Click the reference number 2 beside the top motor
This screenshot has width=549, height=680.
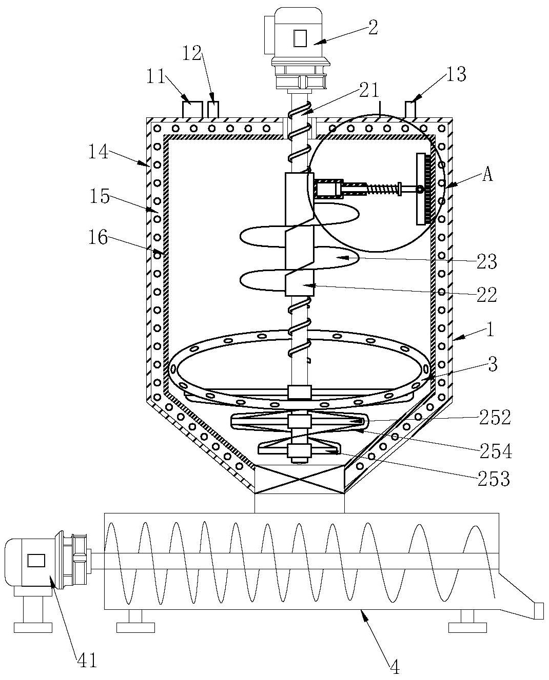pyautogui.click(x=372, y=28)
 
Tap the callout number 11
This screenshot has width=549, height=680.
pyautogui.click(x=155, y=76)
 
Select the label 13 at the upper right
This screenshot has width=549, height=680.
pyautogui.click(x=457, y=74)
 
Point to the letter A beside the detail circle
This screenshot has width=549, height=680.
pyautogui.click(x=487, y=174)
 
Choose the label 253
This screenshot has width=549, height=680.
pyautogui.click(x=494, y=479)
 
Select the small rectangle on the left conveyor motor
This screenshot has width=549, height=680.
pyautogui.click(x=36, y=560)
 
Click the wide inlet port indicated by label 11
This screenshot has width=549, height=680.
pyautogui.click(x=192, y=109)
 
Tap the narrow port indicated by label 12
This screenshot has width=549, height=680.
pyautogui.click(x=213, y=109)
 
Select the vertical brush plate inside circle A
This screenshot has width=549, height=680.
pyautogui.click(x=424, y=189)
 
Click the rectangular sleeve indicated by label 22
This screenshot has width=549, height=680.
pyautogui.click(x=299, y=234)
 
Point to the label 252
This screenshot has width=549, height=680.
pyautogui.click(x=495, y=417)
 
